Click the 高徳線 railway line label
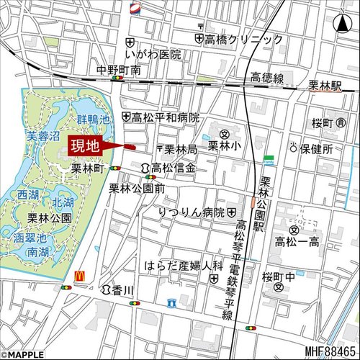267,77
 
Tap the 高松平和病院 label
166,117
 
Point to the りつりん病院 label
192,212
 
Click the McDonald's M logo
80,274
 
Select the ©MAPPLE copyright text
24,354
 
